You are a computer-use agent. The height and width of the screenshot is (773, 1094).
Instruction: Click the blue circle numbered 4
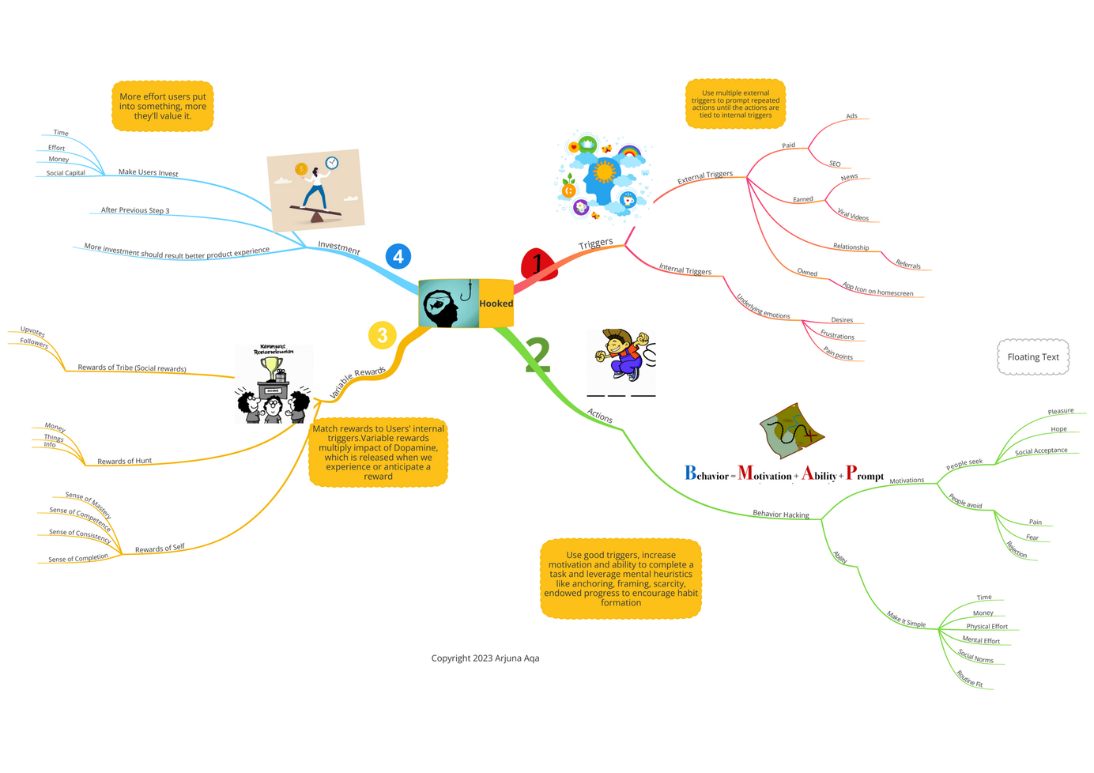pos(398,256)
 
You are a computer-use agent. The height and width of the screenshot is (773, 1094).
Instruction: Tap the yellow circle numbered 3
pos(382,335)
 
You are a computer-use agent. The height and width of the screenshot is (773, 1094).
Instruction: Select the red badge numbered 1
pos(539,264)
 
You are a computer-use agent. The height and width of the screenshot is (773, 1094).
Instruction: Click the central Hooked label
pos(496,304)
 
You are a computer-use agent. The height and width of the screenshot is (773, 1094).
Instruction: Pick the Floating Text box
pos(1032,357)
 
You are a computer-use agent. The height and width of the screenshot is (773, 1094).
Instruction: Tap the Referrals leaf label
pos(907,266)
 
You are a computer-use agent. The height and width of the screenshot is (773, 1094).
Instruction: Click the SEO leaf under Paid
pos(835,164)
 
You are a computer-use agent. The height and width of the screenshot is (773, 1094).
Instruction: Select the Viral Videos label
pos(853,215)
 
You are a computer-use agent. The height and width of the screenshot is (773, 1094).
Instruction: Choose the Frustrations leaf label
pos(837,336)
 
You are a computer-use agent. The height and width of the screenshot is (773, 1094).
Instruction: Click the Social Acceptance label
pos(1041,451)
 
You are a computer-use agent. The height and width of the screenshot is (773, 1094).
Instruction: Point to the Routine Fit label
pos(970,679)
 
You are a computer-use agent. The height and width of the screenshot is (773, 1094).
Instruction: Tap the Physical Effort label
pos(986,627)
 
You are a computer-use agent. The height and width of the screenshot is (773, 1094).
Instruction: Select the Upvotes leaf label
pos(32,331)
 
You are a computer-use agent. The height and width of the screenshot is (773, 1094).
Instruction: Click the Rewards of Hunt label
pos(124,461)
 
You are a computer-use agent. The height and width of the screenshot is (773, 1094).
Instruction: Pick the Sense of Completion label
pos(77,558)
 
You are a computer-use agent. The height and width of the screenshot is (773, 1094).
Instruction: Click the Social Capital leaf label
pos(66,173)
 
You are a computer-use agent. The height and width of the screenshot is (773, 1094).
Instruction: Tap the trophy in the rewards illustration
pos(272,367)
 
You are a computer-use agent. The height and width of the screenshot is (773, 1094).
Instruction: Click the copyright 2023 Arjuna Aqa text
pos(485,658)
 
